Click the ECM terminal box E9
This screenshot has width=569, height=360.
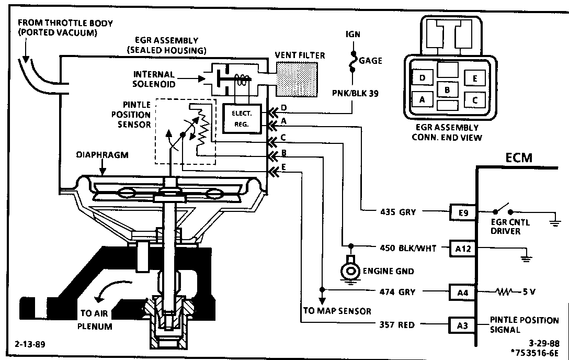coord(463,212)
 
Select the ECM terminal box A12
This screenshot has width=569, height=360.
coord(463,249)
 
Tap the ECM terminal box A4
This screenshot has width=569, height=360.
coord(463,292)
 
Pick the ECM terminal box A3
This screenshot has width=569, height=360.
coord(462,325)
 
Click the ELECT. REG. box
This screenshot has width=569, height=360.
coord(241,118)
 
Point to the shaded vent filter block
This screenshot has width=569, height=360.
coord(297,79)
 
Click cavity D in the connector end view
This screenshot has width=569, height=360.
coord(422,78)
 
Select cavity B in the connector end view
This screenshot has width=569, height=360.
coord(448,89)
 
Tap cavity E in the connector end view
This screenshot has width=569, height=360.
coord(475,78)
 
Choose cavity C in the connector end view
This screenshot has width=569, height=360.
coord(475,100)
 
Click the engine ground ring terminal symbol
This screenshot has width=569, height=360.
coord(350,268)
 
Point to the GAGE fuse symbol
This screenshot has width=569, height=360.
coord(352,61)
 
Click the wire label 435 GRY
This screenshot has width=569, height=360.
coord(397,212)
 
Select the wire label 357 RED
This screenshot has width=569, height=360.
coord(397,325)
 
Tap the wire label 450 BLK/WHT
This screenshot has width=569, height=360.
coord(408,248)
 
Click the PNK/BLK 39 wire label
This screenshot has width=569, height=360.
coord(355,93)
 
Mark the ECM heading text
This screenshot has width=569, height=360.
coord(519,158)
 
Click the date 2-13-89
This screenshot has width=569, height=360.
coord(30,344)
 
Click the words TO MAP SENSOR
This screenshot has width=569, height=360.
coord(337,311)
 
